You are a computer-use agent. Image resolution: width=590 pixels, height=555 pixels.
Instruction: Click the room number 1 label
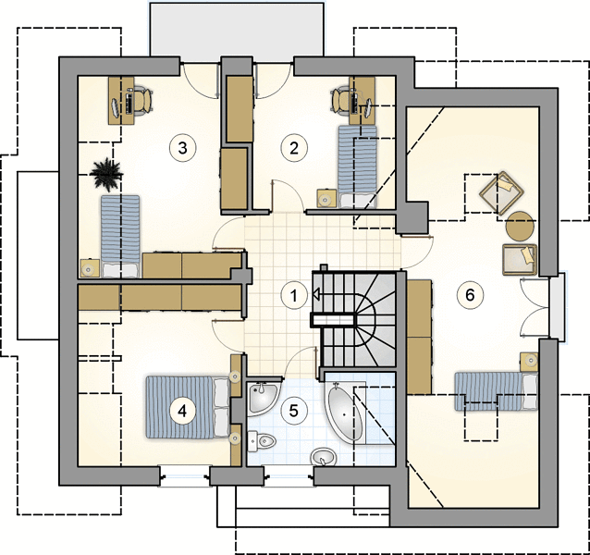(294, 295)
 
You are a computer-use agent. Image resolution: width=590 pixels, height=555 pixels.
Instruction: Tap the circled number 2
(294, 148)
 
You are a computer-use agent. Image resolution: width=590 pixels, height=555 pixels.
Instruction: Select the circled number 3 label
(182, 148)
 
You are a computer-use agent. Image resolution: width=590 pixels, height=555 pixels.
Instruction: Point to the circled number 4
(182, 411)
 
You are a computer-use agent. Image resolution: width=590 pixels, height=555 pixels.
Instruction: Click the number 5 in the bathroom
(294, 411)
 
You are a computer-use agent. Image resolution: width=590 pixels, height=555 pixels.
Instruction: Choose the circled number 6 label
(470, 295)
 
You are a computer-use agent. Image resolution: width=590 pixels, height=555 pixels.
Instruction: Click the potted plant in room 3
(107, 173)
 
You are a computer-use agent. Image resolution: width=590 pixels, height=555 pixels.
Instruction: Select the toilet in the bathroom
(262, 440)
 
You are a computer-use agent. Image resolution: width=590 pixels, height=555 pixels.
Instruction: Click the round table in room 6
(520, 226)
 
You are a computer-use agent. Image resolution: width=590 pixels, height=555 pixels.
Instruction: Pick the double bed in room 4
(188, 408)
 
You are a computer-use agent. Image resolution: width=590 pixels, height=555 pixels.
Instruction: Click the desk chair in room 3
(142, 100)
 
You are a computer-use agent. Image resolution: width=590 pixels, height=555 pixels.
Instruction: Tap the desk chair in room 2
(341, 100)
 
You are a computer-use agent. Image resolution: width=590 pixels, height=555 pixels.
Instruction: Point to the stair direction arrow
(316, 294)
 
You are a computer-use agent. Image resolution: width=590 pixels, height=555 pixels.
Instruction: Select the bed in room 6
(496, 391)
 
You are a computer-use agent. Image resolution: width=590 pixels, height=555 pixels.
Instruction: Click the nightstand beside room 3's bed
(90, 268)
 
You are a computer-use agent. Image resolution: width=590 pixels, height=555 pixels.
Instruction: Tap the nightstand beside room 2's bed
(326, 198)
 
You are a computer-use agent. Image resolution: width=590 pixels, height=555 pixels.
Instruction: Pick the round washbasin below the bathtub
(323, 457)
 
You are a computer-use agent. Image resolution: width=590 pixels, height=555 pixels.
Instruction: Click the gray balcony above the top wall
(237, 30)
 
